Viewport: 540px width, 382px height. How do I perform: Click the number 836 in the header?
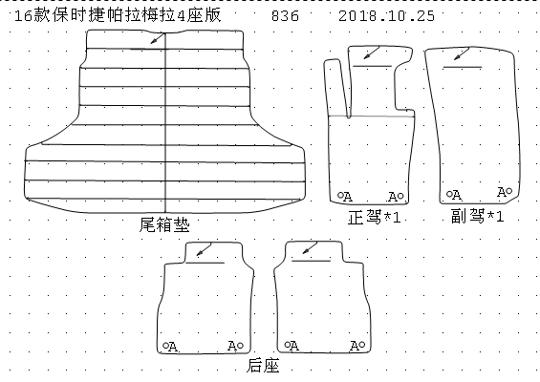285,16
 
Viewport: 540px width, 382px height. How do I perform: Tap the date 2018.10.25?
386,16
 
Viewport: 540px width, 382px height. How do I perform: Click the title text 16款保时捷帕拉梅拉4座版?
118,15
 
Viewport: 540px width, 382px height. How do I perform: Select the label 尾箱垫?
164,224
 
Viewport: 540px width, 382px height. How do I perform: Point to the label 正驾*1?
375,217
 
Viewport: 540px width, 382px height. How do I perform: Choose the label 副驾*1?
478,216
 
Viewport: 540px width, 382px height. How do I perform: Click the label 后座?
263,366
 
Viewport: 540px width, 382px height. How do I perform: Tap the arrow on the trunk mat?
158,38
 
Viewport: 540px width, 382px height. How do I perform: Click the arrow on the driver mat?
371,53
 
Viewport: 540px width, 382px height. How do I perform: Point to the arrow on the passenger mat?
461,54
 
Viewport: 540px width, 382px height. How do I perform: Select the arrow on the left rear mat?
204,249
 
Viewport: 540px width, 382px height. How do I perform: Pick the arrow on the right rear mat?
310,247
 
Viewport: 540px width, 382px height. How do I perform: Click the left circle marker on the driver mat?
340,195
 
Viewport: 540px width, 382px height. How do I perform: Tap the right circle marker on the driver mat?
400,196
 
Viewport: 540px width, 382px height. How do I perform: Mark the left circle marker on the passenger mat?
449,194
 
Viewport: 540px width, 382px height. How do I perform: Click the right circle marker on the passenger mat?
509,190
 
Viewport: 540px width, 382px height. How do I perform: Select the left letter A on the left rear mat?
173,347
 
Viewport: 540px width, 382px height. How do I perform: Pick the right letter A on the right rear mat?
354,346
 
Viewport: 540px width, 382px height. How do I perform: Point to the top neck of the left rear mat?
214,253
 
